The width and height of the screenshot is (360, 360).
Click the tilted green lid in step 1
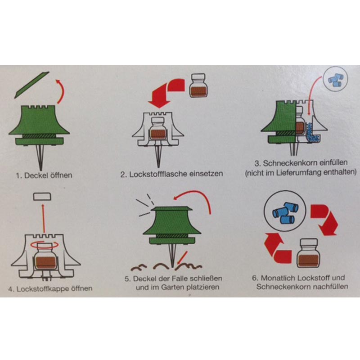[x=31, y=85]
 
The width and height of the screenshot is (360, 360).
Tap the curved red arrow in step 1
[x=62, y=91]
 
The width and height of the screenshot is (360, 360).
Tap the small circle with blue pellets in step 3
[x=335, y=79]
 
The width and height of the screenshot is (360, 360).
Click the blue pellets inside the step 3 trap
[x=312, y=134]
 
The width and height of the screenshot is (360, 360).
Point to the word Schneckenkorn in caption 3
[x=288, y=163]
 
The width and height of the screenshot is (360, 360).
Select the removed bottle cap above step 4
[x=42, y=197]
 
